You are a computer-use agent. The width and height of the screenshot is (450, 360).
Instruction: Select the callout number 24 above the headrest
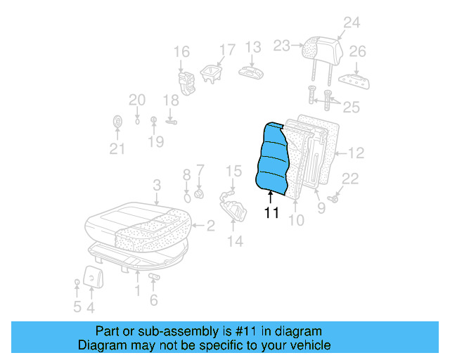pyautogui.click(x=351, y=23)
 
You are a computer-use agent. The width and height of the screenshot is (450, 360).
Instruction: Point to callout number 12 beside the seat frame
pyautogui.click(x=356, y=152)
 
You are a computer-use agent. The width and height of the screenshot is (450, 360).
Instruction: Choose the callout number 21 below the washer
pyautogui.click(x=117, y=148)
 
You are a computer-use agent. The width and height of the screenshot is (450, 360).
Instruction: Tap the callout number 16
pyautogui.click(x=181, y=51)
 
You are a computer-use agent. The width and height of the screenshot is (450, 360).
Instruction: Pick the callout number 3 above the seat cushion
pyautogui.click(x=157, y=185)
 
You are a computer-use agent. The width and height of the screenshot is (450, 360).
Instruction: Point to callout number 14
pyautogui.click(x=235, y=241)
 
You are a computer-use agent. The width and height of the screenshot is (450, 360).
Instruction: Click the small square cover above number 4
pyautogui.click(x=92, y=276)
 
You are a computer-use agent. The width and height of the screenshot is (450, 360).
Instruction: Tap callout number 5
pyautogui.click(x=77, y=307)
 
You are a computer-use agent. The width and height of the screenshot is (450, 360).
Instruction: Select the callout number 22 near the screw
pyautogui.click(x=349, y=179)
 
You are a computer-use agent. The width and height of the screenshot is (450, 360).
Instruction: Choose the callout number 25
pyautogui.click(x=351, y=108)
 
